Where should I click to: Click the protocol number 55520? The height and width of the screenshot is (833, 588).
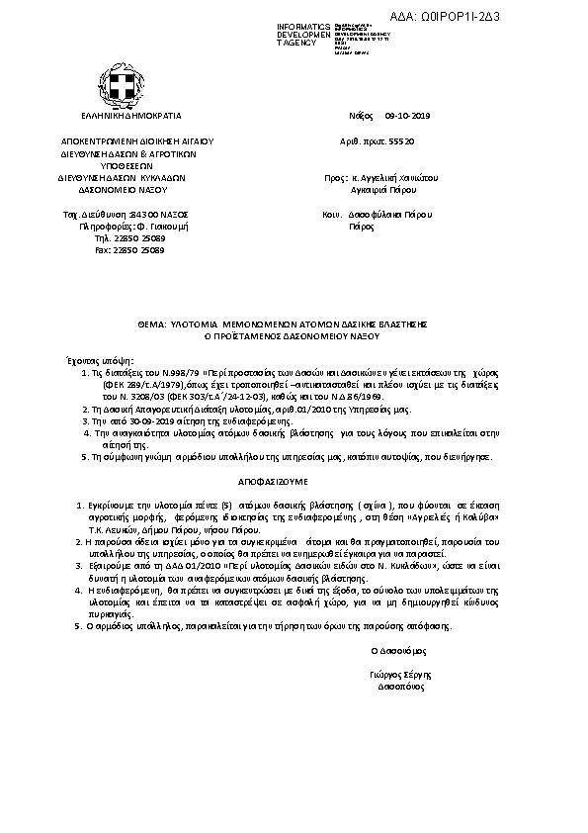point(400,142)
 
